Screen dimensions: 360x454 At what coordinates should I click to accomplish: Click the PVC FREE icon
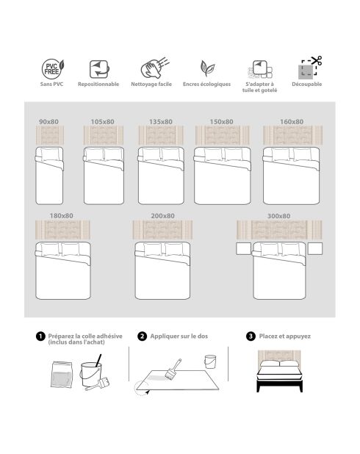(53, 69)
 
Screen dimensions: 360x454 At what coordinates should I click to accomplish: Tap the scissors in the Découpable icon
(316, 60)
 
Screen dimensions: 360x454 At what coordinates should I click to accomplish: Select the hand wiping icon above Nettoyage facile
(155, 68)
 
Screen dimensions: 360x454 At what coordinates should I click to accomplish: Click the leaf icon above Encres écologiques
(207, 68)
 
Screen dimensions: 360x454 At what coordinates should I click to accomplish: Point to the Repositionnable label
(98, 84)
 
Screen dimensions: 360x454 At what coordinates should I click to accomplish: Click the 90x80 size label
(48, 122)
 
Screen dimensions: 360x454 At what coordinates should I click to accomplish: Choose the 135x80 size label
(161, 122)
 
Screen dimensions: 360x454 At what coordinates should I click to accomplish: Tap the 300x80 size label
(278, 216)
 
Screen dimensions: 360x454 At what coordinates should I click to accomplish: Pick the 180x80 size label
(62, 216)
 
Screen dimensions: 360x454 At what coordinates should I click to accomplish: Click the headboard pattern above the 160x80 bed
(292, 135)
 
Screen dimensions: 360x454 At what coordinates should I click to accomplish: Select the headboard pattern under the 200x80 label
(162, 230)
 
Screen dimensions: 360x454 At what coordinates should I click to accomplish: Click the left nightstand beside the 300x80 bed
(243, 249)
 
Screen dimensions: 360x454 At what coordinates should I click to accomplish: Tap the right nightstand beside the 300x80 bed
(315, 249)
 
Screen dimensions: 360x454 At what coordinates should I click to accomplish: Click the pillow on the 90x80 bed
(51, 154)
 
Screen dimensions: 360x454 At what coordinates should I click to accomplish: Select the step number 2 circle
(142, 336)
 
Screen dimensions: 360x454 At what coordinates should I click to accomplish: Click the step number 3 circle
(251, 336)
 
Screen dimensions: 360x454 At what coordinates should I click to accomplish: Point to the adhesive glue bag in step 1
(62, 375)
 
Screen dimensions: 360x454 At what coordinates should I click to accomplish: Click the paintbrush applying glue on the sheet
(173, 369)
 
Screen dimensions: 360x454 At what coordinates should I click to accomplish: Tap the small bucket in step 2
(210, 361)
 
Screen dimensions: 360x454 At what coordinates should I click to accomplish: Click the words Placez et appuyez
(285, 336)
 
